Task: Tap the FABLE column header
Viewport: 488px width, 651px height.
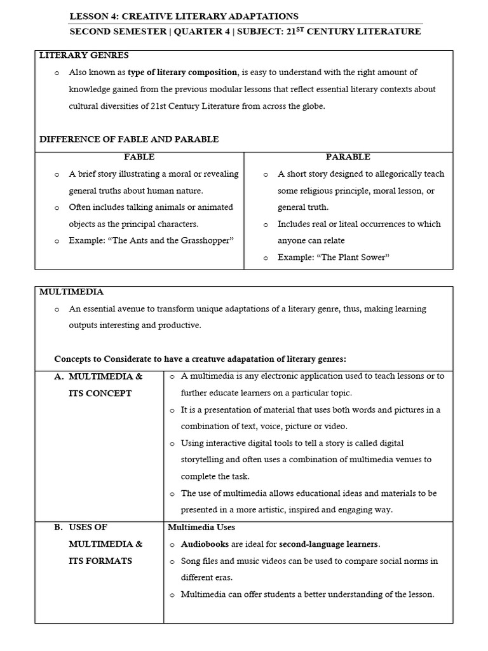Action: pyautogui.click(x=139, y=156)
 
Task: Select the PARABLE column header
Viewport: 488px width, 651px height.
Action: pyautogui.click(x=348, y=156)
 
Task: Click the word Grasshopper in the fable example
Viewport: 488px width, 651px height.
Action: pyautogui.click(x=205, y=240)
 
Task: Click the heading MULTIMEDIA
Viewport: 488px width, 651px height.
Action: pyautogui.click(x=71, y=292)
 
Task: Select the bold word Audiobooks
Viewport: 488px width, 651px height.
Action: pyautogui.click(x=207, y=544)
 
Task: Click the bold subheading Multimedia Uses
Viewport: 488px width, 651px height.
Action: pyautogui.click(x=201, y=527)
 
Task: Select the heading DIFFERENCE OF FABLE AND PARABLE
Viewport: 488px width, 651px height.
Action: pyautogui.click(x=129, y=139)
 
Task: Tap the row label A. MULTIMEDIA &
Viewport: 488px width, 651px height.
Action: pyautogui.click(x=98, y=376)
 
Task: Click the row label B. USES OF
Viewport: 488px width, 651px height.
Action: pyautogui.click(x=81, y=527)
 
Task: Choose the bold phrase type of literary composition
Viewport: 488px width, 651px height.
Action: pyautogui.click(x=183, y=72)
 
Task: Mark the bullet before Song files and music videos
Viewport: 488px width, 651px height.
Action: pyautogui.click(x=172, y=561)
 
